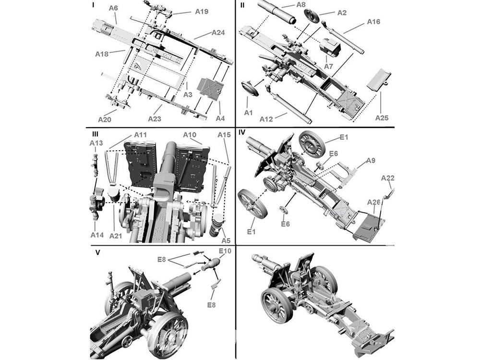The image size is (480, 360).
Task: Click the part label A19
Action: click(x=202, y=12)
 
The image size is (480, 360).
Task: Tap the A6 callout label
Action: click(x=114, y=8)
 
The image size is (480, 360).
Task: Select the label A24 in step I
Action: click(x=217, y=33)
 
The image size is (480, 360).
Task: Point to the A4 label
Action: click(x=220, y=118)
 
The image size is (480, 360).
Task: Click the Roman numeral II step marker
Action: click(x=242, y=5)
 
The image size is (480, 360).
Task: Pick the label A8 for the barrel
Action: click(x=301, y=4)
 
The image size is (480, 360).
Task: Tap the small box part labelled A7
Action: click(x=331, y=47)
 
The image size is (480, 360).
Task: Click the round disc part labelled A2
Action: click(x=313, y=16)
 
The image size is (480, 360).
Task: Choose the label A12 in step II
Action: click(x=267, y=119)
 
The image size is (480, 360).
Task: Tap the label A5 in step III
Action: click(x=226, y=240)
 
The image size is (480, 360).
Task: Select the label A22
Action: click(x=388, y=178)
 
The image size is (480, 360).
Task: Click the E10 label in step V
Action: click(x=225, y=251)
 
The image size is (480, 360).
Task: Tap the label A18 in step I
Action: click(x=102, y=54)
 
